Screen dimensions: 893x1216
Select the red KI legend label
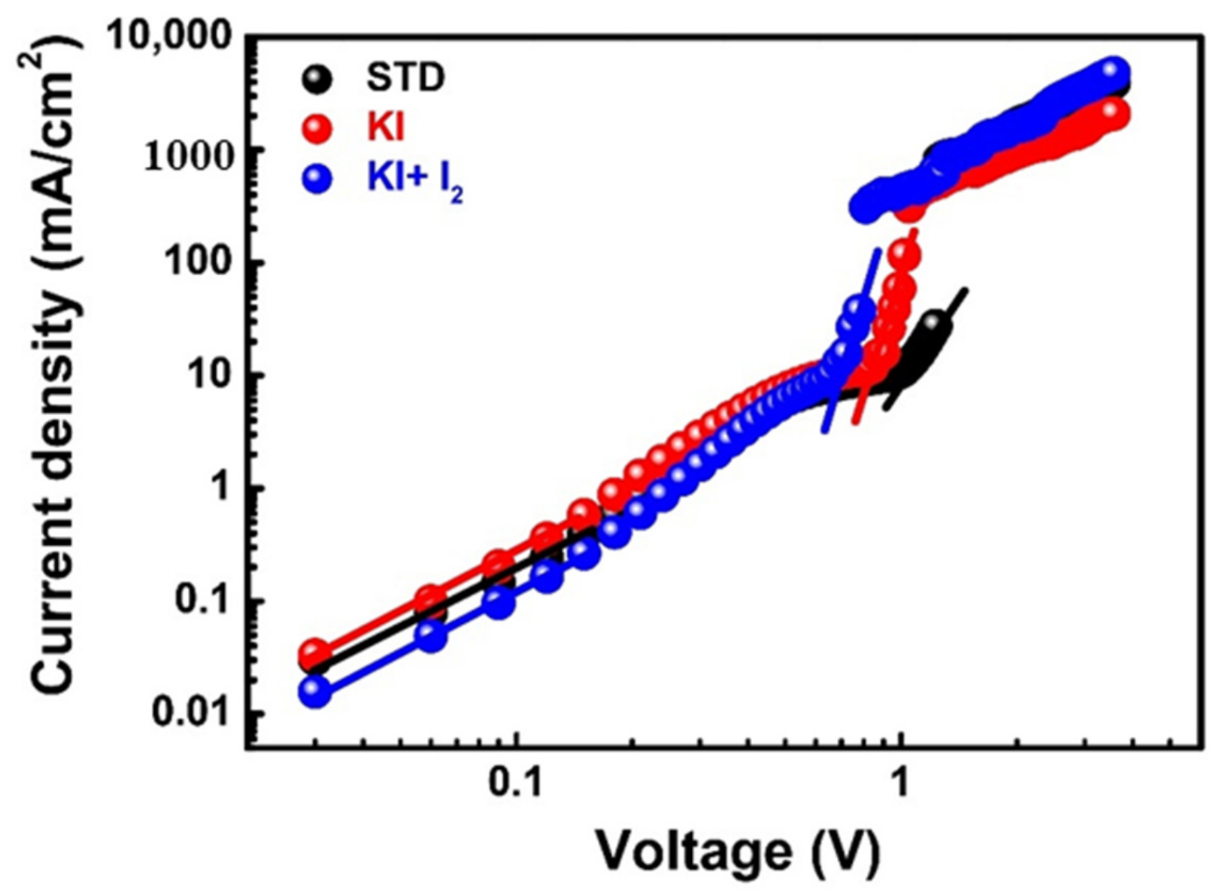pos(385,129)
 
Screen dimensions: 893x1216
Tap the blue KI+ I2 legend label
pos(414,181)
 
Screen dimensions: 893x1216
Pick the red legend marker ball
pos(318,129)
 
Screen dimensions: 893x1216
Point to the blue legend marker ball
pos(318,180)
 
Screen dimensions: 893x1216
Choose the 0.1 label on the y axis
pos(203,601)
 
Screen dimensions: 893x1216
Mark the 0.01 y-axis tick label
pos(191,712)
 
